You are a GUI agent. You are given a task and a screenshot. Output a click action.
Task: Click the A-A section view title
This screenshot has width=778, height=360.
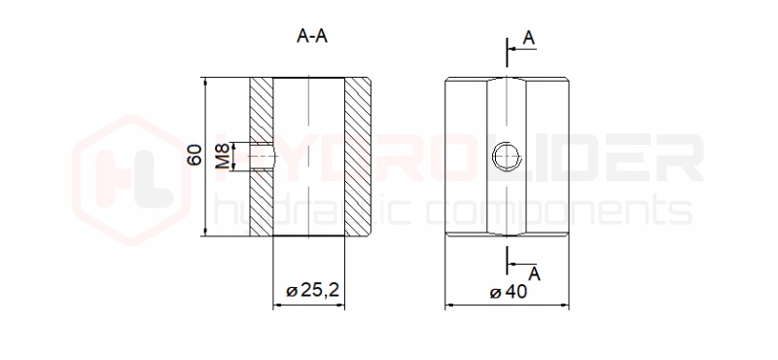[312, 36]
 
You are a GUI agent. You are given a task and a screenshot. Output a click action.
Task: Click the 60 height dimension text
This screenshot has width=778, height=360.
[194, 155]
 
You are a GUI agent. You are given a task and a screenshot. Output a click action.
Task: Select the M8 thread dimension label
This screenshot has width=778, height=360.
[224, 156]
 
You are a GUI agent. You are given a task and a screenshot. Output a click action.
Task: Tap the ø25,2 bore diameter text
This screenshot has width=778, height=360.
[312, 290]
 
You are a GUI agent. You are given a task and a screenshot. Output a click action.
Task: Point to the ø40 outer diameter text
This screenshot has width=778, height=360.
[508, 292]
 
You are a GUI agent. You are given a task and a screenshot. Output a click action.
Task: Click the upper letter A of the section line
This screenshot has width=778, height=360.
[529, 37]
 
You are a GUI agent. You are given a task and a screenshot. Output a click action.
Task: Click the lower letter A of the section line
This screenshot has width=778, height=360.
[534, 273]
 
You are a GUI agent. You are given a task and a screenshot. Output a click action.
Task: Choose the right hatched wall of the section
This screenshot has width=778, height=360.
[358, 157]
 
